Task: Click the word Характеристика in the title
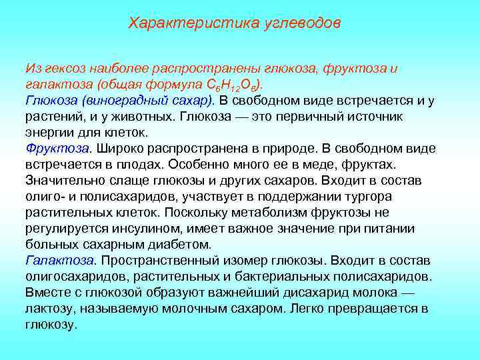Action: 177,23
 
